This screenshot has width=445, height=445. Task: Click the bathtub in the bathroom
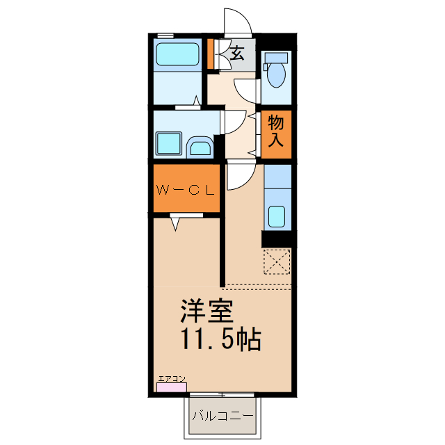177,54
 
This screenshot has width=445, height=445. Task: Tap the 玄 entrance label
237,53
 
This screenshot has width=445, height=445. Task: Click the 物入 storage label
276,131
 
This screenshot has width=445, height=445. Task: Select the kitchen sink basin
277,217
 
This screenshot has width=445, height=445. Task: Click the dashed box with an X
277,264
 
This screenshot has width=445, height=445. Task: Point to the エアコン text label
172,378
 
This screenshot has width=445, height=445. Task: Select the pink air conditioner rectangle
171,387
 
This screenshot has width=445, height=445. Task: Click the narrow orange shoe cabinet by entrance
210,54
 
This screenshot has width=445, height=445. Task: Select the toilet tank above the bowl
276,58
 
